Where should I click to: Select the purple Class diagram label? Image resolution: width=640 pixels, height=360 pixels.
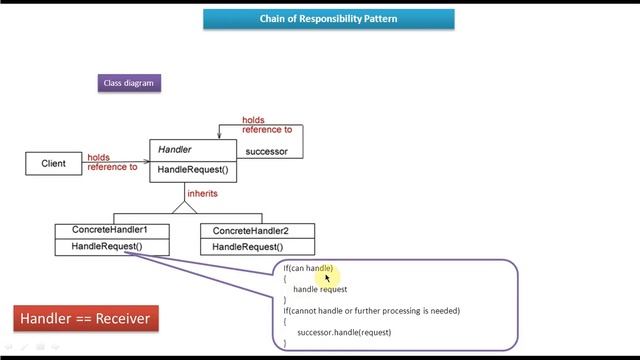(129, 83)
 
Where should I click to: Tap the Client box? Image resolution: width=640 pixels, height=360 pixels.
(53, 163)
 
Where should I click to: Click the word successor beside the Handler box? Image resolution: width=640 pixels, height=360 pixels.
(266, 152)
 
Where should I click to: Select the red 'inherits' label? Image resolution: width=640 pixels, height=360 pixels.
(202, 193)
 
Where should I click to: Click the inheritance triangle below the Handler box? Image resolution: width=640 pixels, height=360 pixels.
(183, 207)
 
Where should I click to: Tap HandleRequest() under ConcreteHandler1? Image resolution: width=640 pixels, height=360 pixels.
(107, 246)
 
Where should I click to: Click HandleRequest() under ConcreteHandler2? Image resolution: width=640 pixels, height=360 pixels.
(248, 247)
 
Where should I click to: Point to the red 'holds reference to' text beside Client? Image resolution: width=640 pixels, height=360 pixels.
(112, 162)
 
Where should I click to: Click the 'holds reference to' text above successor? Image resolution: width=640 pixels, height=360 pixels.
(267, 125)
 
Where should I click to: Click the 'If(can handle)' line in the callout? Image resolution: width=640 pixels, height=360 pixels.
(308, 268)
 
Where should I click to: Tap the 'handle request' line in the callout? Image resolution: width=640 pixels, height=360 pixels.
(320, 289)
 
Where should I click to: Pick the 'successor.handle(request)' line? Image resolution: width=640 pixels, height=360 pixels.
(344, 331)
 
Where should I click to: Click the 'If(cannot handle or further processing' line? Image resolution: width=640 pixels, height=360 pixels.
(371, 310)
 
